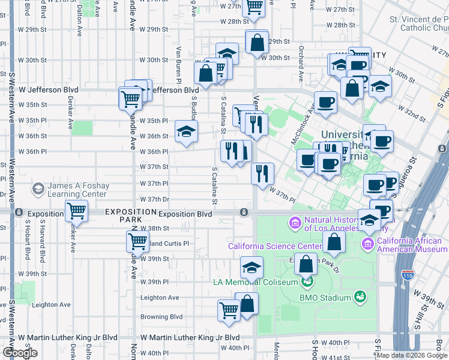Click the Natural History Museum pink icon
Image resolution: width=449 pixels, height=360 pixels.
[x=295, y=224]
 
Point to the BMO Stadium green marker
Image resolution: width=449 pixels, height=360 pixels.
[x=360, y=297]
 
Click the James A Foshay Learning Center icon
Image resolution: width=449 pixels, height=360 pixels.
[x=38, y=190]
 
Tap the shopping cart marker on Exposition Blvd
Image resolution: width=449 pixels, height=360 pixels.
[x=77, y=211]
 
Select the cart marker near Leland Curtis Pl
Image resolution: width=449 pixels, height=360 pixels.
[x=137, y=242]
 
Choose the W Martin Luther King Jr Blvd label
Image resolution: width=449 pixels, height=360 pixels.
[x=190, y=338]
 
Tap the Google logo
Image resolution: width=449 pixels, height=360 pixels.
[x=20, y=353]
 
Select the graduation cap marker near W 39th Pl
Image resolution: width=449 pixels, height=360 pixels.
[x=252, y=267]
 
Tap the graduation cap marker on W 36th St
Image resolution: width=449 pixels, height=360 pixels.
[x=186, y=131]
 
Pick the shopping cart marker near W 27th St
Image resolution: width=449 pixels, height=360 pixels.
[x=254, y=8]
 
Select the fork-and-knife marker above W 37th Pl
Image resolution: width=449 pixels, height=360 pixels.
[x=262, y=173]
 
